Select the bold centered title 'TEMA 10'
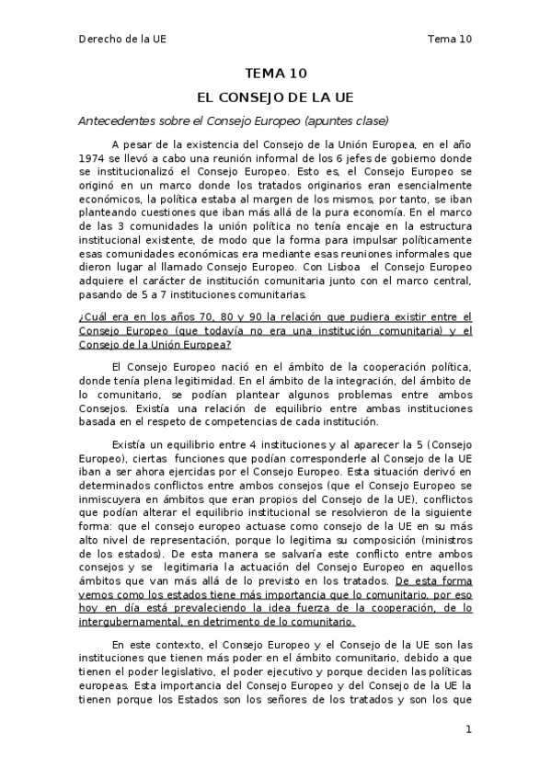(x=275, y=75)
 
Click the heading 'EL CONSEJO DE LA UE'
(x=275, y=97)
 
